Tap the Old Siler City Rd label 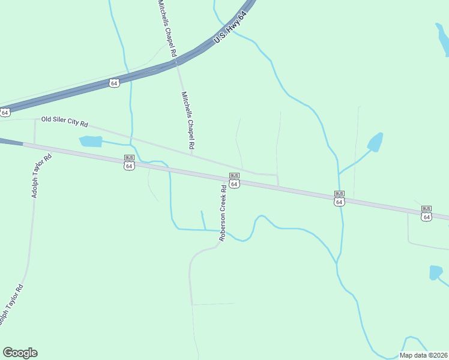pos(65,122)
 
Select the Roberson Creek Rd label pos(223,212)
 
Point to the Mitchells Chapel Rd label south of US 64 pos(188,120)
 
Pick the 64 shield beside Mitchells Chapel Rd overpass pos(114,83)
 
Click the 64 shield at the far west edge pos(5,112)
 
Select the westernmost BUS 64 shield pos(129,163)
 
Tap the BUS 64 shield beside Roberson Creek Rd pos(234,181)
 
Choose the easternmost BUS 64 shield pos(426,214)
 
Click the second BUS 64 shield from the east pos(339,199)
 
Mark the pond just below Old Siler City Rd pos(91,141)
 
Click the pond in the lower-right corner pos(435,272)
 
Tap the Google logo pos(20,353)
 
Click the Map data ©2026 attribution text pos(424,355)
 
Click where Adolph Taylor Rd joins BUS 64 pos(35,145)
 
